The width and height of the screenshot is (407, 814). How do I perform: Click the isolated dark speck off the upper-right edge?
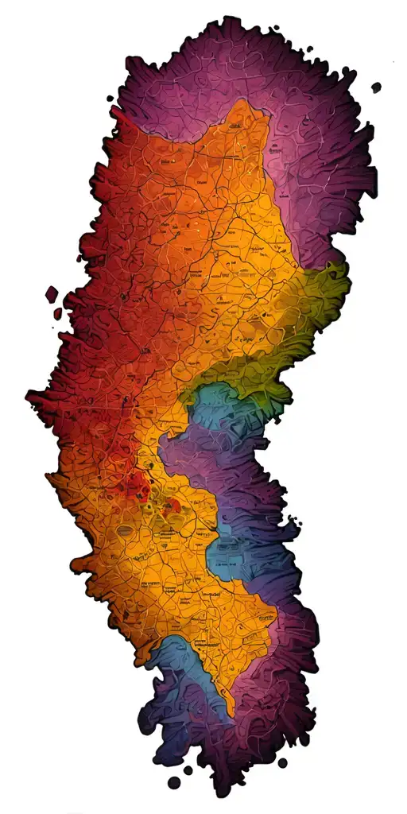click(376, 87)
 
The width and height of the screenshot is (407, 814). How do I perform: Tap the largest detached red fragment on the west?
click(52, 295)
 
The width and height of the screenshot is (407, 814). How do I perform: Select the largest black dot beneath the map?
click(173, 783)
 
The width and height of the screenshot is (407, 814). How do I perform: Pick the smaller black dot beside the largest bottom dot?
click(188, 769)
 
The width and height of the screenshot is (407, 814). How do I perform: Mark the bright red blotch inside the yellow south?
click(135, 485)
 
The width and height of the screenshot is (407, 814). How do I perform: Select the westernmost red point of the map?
click(29, 395)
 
